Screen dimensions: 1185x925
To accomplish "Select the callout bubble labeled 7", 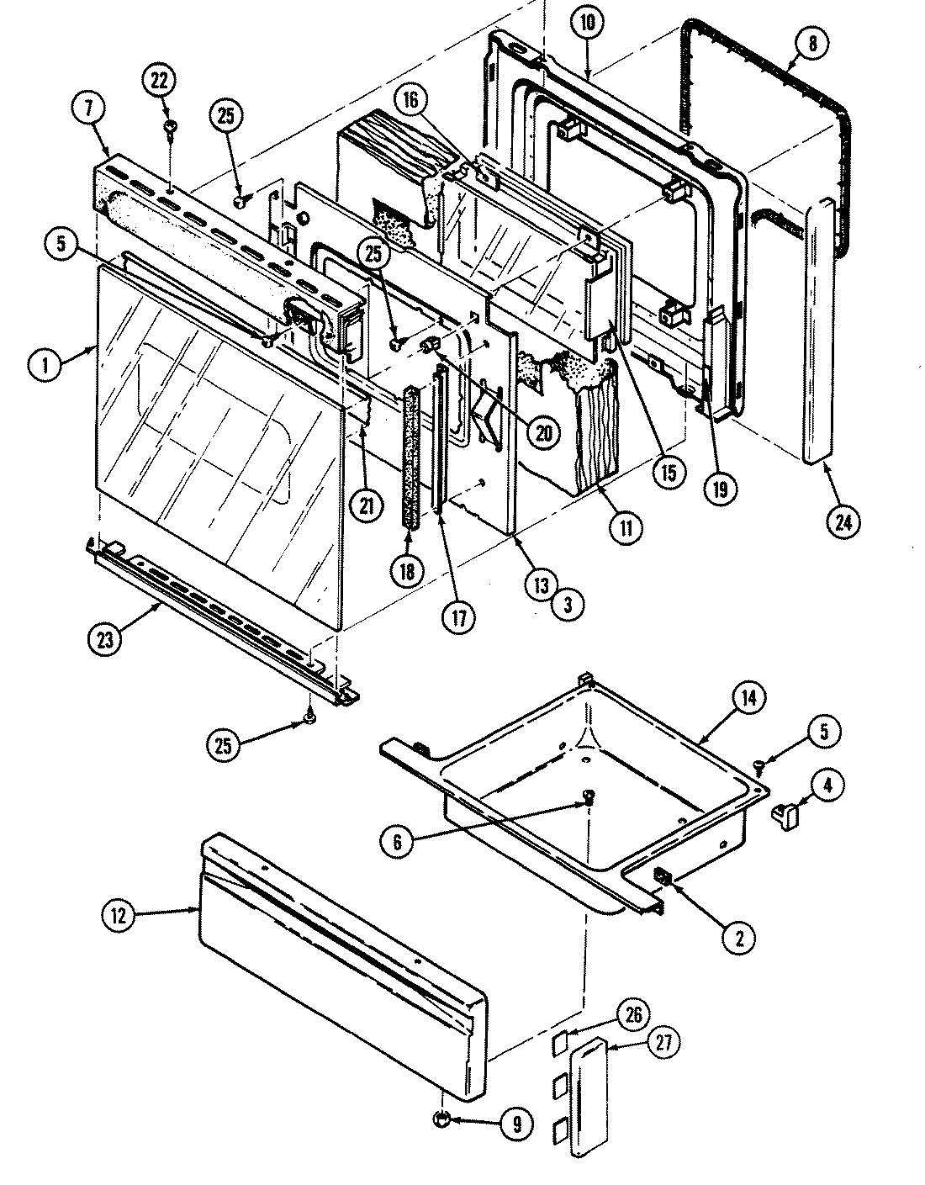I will (x=90, y=108).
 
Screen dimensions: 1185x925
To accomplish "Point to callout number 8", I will (x=811, y=43).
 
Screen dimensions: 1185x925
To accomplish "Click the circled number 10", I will (x=587, y=23).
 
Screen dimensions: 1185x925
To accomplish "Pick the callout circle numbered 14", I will (x=748, y=697).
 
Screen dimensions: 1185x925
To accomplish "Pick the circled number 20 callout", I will (x=543, y=431).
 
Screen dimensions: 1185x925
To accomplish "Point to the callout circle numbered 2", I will (x=739, y=938).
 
